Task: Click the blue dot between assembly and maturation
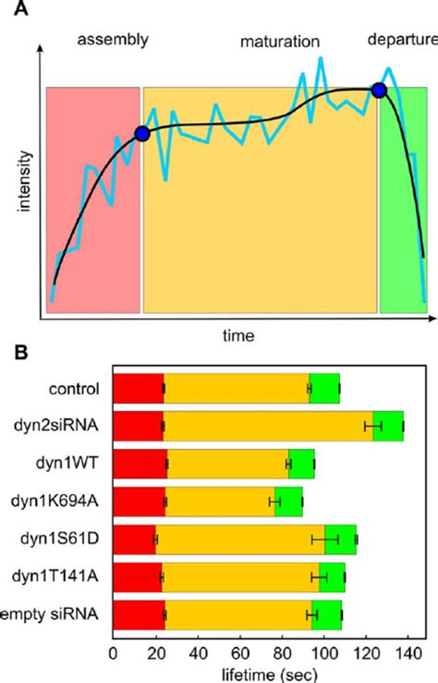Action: (141, 134)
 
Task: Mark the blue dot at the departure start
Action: (378, 90)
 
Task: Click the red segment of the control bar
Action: (138, 388)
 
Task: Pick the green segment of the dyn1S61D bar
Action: (340, 539)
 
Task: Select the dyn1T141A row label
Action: (68, 577)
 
